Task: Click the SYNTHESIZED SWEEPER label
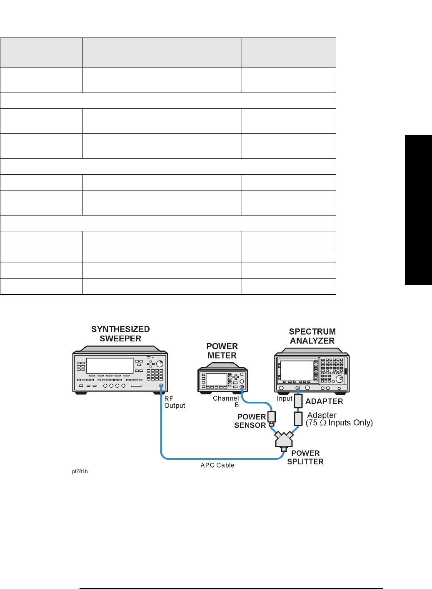[x=120, y=334]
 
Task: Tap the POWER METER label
[x=222, y=351]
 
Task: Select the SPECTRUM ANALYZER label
[x=312, y=336]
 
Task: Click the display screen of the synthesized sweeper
[x=110, y=366]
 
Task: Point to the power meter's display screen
[x=216, y=380]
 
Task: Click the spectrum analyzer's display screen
[x=297, y=370]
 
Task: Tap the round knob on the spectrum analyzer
[x=340, y=379]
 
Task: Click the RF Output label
[x=175, y=402]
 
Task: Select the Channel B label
[x=226, y=401]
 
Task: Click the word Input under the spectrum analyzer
[x=285, y=399]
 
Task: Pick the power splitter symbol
[x=284, y=440]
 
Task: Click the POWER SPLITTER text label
[x=305, y=457]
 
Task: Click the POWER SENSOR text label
[x=250, y=421]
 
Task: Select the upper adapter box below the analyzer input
[x=298, y=401]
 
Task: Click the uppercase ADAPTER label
[x=324, y=401]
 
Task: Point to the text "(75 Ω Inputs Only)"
[x=339, y=423]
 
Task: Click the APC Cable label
[x=217, y=465]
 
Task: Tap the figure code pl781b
[x=80, y=471]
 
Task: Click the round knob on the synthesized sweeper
[x=160, y=364]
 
